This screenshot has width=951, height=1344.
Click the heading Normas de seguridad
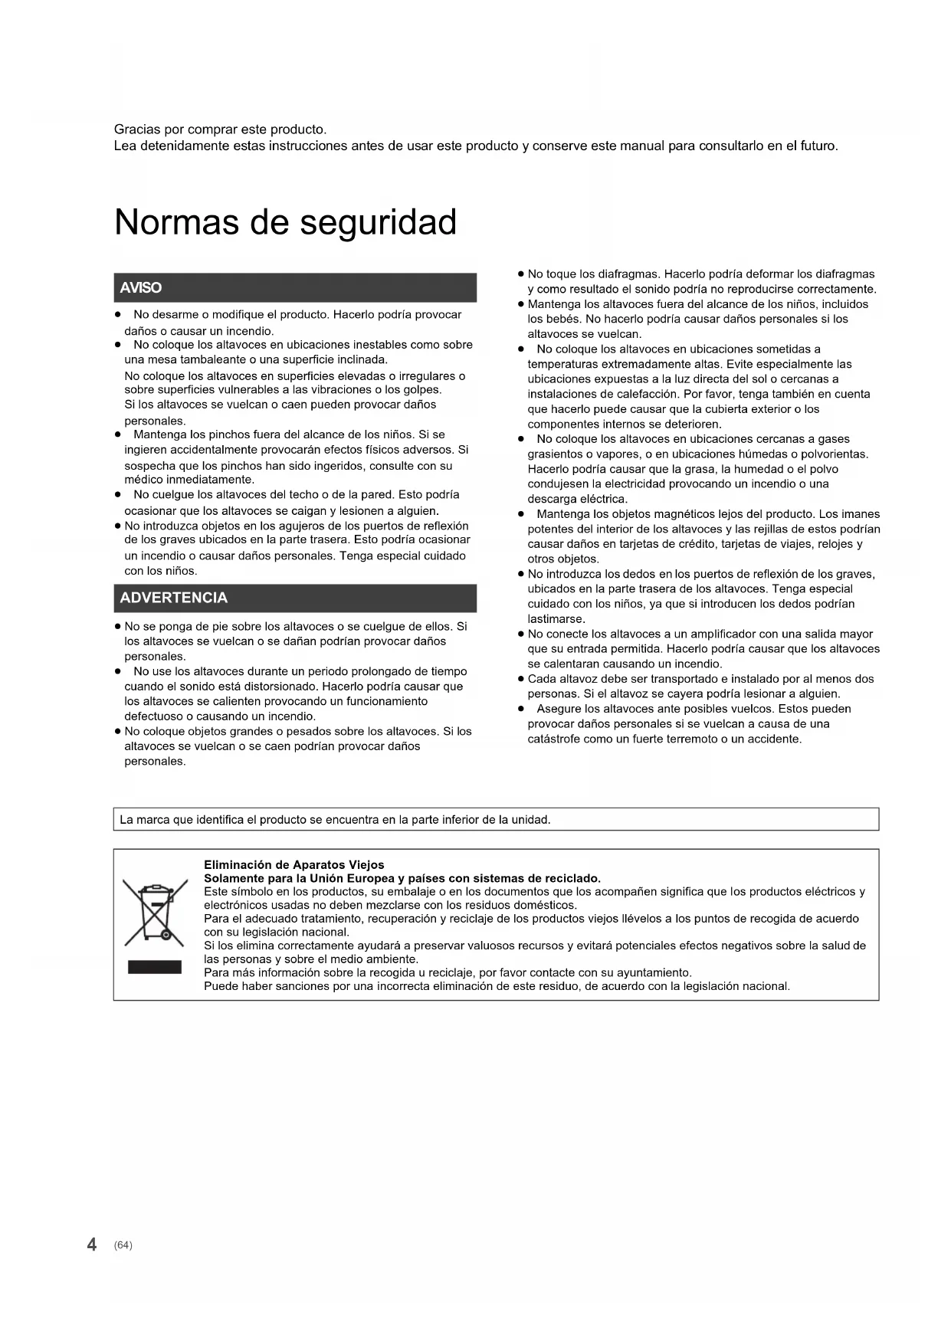click(x=285, y=223)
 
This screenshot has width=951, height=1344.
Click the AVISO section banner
click(x=295, y=288)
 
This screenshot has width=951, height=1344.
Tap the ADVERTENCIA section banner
click(x=295, y=598)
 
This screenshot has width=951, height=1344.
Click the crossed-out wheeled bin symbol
click(x=155, y=913)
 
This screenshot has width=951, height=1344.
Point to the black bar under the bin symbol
click(x=155, y=967)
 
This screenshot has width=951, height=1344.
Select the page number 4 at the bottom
click(x=92, y=1244)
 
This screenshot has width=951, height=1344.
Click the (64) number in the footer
click(x=123, y=1245)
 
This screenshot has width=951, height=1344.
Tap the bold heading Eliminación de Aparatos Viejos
click(x=293, y=864)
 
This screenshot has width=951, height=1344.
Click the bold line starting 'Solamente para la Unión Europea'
click(x=402, y=878)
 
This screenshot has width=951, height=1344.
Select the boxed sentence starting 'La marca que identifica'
click(x=335, y=820)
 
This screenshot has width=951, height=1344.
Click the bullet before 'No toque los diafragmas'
click(x=520, y=274)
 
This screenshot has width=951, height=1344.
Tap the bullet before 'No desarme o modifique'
click(x=118, y=315)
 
